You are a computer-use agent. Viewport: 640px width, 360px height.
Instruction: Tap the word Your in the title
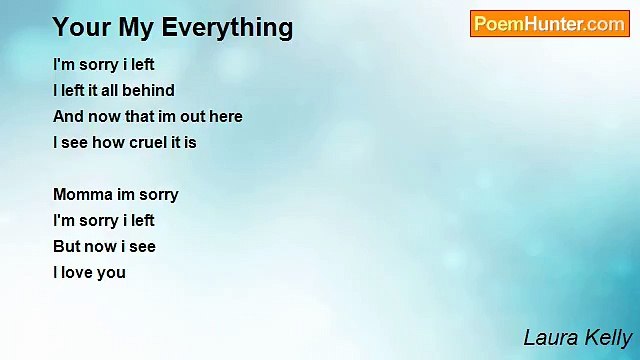click(x=77, y=27)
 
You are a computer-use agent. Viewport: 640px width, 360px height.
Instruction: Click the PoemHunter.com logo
click(x=549, y=24)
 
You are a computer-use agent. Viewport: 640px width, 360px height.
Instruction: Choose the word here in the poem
click(x=226, y=116)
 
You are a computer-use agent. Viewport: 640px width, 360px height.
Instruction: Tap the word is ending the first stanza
click(x=190, y=142)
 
